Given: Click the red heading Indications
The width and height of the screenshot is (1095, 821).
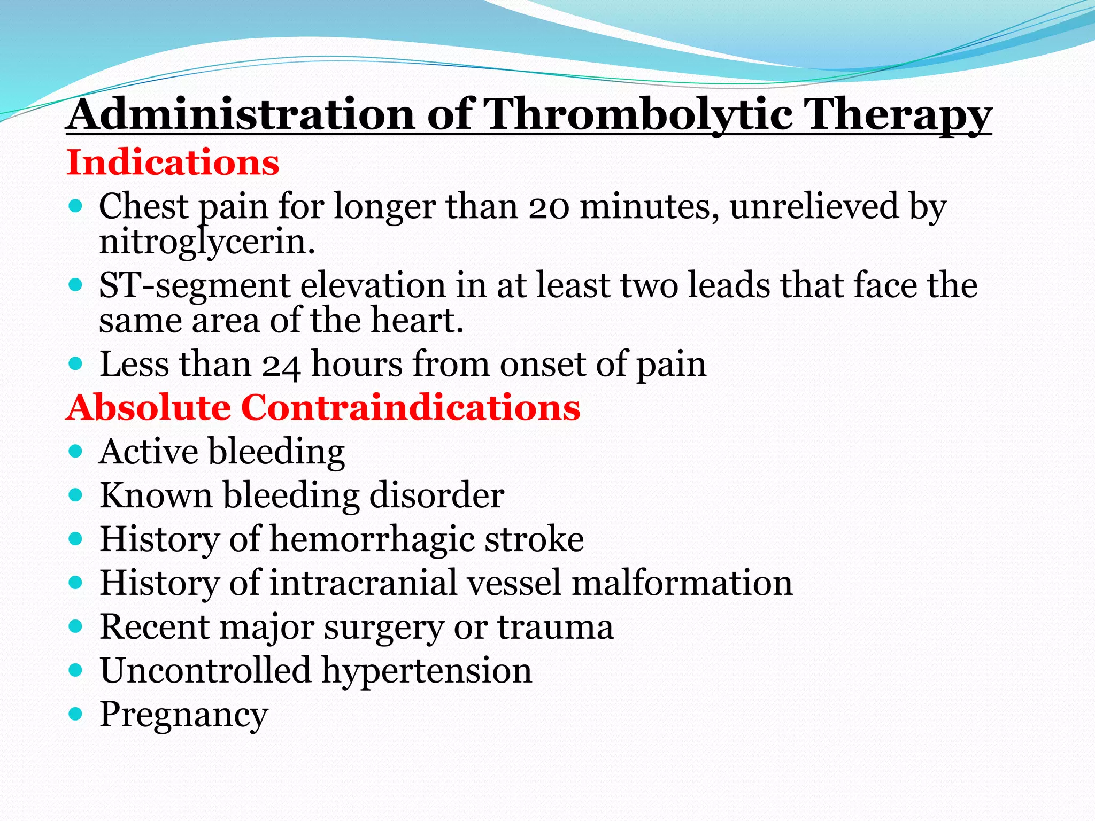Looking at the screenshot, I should [x=173, y=162].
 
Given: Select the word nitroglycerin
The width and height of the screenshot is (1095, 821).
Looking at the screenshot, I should [x=207, y=243].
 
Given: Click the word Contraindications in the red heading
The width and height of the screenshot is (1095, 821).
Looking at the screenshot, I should [x=411, y=408].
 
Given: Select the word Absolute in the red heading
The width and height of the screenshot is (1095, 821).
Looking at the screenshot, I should [x=149, y=408].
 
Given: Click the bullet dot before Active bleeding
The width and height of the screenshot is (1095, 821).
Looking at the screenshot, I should [x=76, y=452].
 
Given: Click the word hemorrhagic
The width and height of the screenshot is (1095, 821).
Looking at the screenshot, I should [x=372, y=539].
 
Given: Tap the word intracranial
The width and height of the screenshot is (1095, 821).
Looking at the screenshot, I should [x=364, y=583].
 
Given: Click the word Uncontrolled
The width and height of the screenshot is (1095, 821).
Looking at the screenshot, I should [x=205, y=671].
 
